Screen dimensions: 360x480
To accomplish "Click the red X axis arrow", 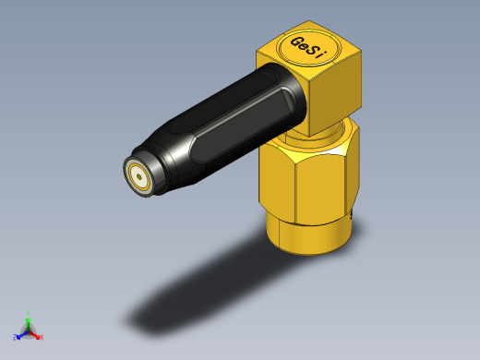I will point(36,334).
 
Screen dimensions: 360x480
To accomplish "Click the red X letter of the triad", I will point(42,337).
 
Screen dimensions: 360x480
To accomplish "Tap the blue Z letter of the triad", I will point(16,337).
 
